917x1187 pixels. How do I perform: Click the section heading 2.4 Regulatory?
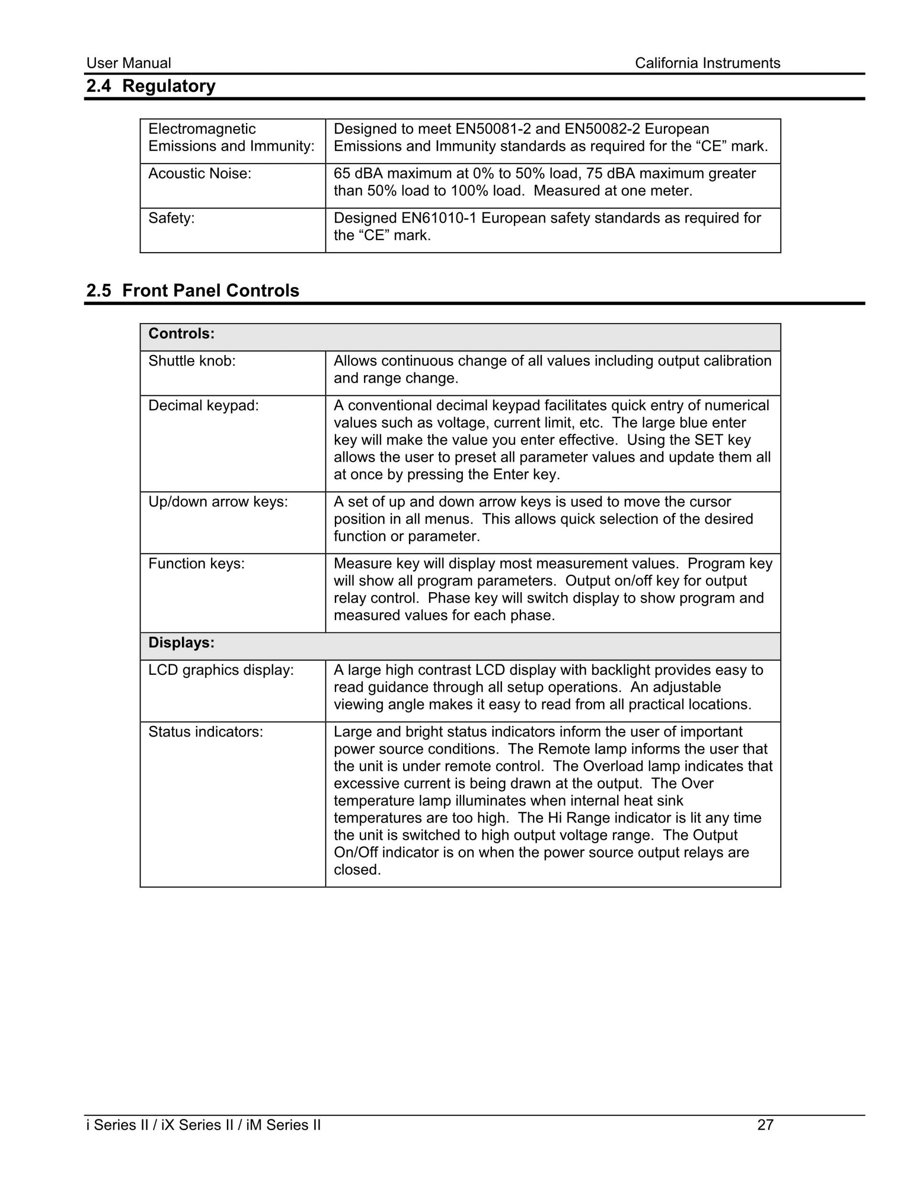[x=150, y=86]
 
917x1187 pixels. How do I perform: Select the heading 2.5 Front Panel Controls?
[x=192, y=291]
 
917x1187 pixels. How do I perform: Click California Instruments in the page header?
[x=707, y=63]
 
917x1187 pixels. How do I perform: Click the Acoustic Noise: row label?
[x=199, y=173]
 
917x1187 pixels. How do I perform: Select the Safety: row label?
[x=171, y=218]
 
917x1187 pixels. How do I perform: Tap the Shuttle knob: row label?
[x=192, y=361]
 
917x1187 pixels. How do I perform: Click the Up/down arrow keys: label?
[x=218, y=502]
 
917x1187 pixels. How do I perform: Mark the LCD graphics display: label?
[x=221, y=670]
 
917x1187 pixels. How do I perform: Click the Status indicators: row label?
[x=205, y=732]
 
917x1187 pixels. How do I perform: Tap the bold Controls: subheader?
[x=181, y=334]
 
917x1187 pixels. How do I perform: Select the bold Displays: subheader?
[x=181, y=643]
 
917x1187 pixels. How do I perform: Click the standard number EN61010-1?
[x=439, y=218]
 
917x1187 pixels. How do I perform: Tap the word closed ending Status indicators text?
[x=357, y=870]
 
